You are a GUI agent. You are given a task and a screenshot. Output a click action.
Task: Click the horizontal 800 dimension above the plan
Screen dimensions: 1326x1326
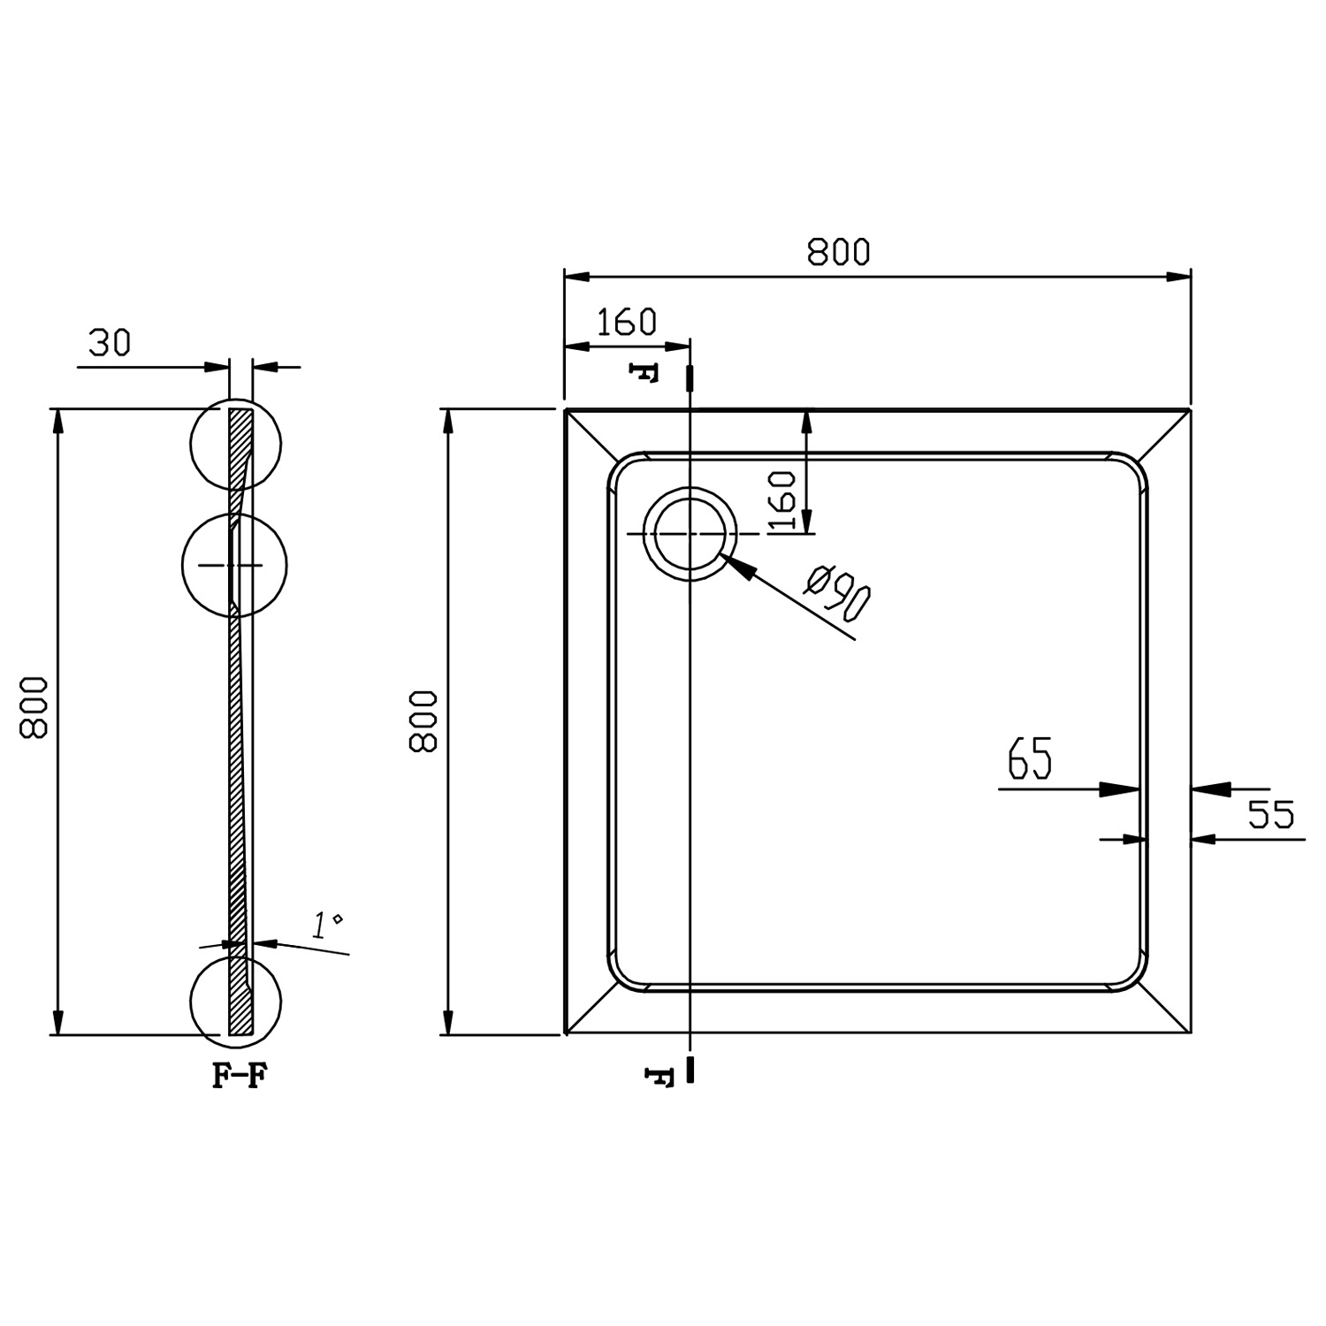point(838,252)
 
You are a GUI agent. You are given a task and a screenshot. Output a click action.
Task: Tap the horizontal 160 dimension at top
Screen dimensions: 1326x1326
point(627,323)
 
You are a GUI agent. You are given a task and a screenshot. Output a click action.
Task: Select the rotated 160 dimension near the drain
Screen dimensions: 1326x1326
point(783,501)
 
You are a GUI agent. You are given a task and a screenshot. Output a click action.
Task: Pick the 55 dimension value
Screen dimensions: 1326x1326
point(1271,814)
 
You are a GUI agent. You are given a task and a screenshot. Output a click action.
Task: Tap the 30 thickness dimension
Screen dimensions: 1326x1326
point(110,342)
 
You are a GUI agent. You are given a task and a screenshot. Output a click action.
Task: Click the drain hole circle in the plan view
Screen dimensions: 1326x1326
point(690,535)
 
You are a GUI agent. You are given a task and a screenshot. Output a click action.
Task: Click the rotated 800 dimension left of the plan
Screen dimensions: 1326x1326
point(423,720)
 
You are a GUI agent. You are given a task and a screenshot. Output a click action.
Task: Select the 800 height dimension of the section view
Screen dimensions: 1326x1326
point(33,707)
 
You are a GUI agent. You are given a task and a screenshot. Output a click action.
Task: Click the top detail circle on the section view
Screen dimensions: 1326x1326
point(237,445)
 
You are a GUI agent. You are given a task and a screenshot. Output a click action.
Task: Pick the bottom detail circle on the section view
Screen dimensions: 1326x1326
point(236,999)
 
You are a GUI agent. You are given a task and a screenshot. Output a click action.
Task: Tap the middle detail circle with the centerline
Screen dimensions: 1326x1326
point(234,565)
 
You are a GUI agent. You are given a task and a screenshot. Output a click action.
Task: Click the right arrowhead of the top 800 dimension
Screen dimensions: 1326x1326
point(1177,277)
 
